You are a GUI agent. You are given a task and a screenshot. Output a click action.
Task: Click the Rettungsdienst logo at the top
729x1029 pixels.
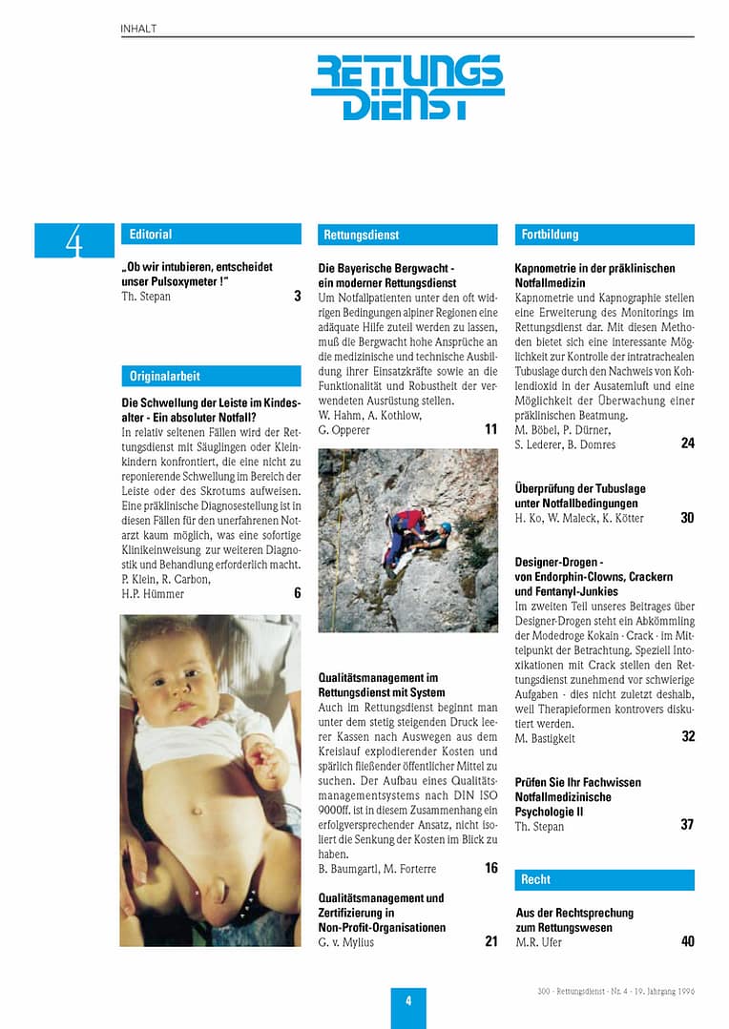click(407, 87)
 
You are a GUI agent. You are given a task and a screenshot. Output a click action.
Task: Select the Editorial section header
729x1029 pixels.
click(152, 234)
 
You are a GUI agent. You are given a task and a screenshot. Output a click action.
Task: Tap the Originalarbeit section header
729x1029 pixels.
click(165, 376)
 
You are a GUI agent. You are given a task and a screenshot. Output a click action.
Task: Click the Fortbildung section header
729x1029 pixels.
click(551, 234)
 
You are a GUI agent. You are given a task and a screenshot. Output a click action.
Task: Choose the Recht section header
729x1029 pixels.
click(536, 879)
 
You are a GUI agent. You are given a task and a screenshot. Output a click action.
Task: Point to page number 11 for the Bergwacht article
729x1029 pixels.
click(490, 430)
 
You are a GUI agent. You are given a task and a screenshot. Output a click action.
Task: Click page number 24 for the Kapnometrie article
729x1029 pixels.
click(687, 443)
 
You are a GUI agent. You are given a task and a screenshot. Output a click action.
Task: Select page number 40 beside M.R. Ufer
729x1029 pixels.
click(687, 942)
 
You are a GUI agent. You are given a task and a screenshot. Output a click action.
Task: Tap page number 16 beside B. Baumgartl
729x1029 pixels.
click(490, 869)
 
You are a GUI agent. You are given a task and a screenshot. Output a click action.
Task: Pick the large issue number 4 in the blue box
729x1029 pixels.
click(73, 241)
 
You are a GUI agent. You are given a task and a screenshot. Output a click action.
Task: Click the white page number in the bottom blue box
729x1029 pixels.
click(408, 1001)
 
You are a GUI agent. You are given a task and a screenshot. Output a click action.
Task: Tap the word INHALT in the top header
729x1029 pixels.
click(139, 29)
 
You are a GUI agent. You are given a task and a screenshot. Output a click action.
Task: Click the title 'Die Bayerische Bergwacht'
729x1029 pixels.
click(386, 269)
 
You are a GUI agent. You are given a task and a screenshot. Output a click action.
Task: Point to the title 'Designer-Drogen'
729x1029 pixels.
click(559, 562)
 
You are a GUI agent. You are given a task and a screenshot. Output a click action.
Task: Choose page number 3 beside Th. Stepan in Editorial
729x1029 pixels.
click(297, 297)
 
